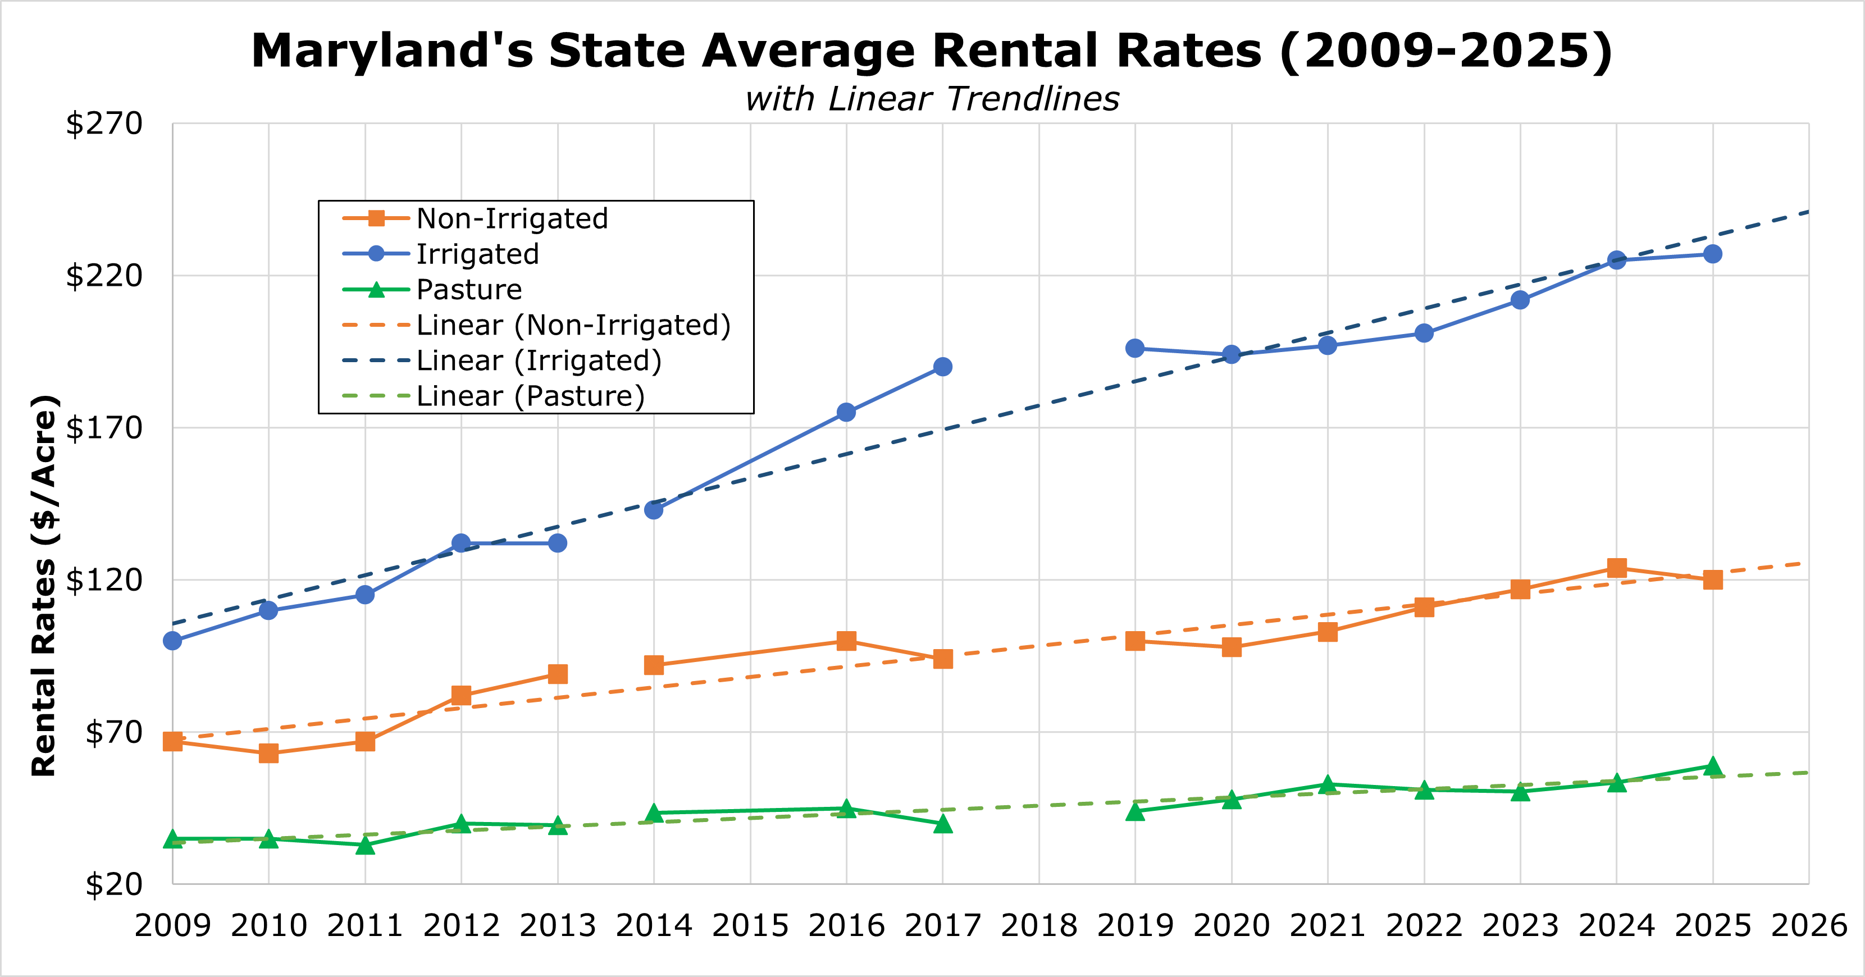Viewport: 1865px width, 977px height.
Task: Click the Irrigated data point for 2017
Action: (x=942, y=367)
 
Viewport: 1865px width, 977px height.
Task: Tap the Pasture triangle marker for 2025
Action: (x=1712, y=766)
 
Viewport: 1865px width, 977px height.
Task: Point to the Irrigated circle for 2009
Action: (x=172, y=641)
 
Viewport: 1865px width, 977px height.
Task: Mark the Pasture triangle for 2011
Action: (x=365, y=844)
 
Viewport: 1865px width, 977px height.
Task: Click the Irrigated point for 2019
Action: (x=1134, y=348)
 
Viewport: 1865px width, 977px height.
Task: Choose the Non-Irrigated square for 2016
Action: (x=846, y=641)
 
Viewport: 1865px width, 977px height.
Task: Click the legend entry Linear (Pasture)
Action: (x=530, y=396)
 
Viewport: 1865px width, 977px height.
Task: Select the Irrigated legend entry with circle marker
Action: (x=477, y=254)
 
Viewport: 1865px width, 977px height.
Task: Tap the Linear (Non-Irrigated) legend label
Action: (x=573, y=325)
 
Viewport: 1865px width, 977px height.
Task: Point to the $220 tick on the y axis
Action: (x=104, y=276)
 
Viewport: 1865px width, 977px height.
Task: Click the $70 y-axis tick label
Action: (x=113, y=732)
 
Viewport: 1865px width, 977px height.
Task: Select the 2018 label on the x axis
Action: (x=1038, y=925)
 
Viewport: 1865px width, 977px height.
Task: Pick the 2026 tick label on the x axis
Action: (x=1808, y=925)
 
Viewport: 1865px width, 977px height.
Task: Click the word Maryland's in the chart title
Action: (x=391, y=51)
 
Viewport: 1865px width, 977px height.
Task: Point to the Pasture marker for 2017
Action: (x=942, y=824)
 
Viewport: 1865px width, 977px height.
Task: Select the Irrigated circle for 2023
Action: (x=1520, y=300)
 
